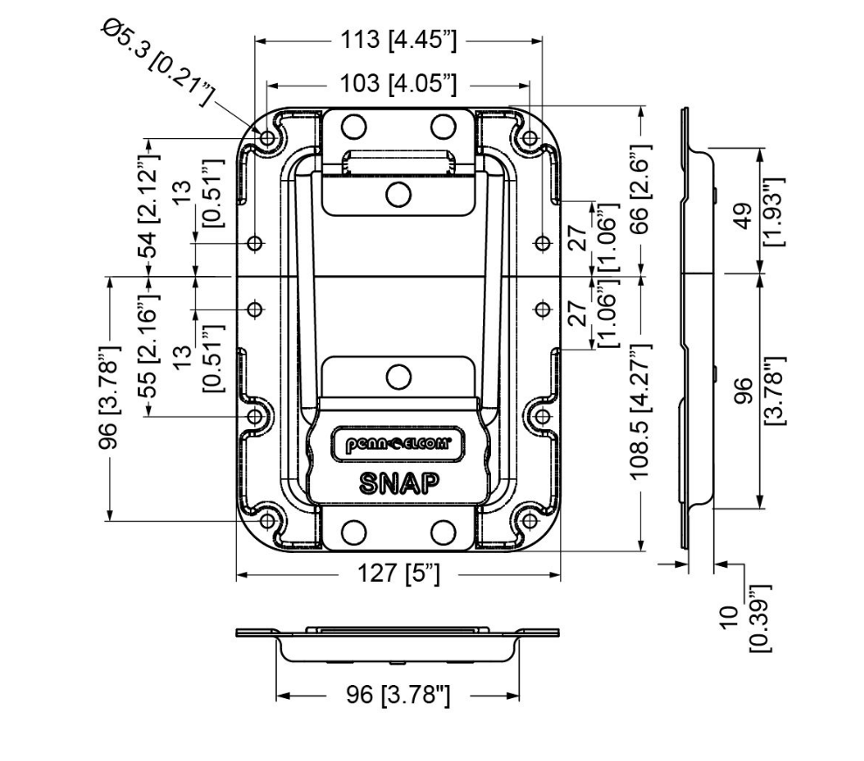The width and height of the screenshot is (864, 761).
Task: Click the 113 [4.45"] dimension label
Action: coord(397,39)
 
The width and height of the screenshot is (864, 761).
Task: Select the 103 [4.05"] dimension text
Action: coord(397,84)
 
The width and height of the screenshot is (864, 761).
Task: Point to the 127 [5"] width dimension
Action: coord(397,575)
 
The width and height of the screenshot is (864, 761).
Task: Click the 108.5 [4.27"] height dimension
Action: coord(643,411)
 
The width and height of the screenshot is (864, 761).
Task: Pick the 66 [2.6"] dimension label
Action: coord(643,190)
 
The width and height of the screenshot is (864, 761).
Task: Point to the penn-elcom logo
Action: coord(398,445)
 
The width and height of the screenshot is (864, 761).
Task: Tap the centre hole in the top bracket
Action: coord(398,193)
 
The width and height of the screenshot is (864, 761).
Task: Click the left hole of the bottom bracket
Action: coord(354,532)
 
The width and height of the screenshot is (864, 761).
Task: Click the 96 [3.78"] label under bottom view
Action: coord(397,696)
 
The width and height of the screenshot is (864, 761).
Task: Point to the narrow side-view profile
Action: coord(686,332)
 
